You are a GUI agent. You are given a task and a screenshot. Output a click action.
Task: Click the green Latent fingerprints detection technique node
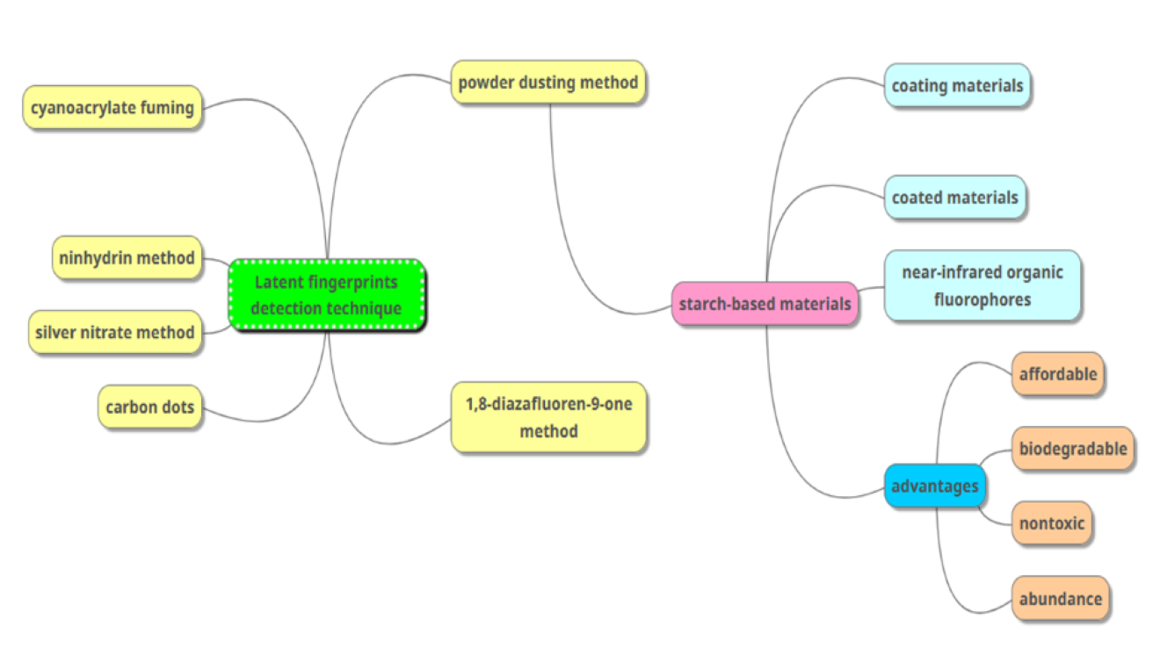tap(326, 295)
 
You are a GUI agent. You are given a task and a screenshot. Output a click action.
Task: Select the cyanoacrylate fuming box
tap(112, 108)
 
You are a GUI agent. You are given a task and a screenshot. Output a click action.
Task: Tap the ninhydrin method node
tap(127, 258)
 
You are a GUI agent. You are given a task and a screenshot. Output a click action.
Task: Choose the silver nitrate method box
tap(115, 333)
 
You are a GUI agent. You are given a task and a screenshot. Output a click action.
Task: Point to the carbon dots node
tap(149, 407)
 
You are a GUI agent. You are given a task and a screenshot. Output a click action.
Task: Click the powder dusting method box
tap(548, 83)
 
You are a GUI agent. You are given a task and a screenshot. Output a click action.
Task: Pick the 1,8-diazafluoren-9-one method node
tap(548, 417)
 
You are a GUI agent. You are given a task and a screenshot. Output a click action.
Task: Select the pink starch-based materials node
tap(765, 304)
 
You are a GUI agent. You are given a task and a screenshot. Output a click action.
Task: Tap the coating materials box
tap(957, 85)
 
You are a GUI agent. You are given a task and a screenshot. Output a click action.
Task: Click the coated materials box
tap(954, 198)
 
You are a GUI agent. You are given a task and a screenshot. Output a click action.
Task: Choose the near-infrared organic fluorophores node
tap(982, 285)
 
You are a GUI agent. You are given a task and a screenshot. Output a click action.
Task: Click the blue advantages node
tap(934, 486)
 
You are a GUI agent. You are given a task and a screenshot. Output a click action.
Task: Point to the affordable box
tap(1057, 374)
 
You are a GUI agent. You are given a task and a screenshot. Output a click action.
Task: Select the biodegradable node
tap(1072, 449)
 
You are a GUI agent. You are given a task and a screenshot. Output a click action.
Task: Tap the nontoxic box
tap(1052, 524)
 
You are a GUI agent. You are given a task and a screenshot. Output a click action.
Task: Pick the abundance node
tap(1060, 599)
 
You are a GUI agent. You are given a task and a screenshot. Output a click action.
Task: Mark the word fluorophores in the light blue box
tap(982, 299)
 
